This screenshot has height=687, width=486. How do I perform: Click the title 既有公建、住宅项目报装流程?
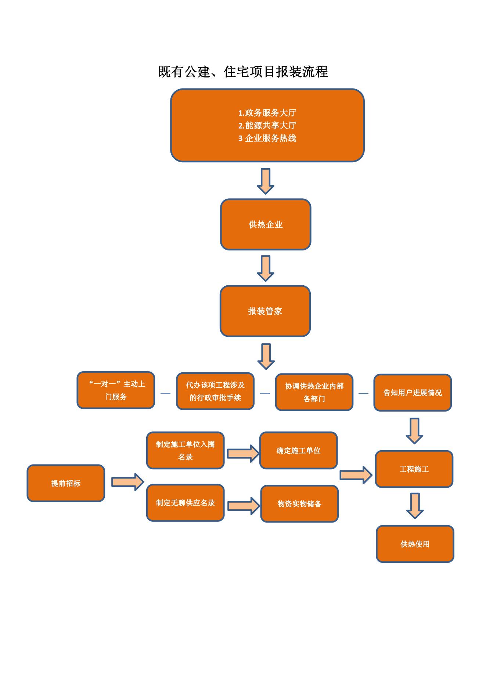tap(243, 72)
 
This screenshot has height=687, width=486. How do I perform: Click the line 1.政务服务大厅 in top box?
tap(267, 113)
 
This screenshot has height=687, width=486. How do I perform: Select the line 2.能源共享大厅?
tap(267, 126)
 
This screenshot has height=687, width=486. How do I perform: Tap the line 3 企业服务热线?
tap(267, 138)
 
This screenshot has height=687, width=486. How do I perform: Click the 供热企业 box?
tap(266, 224)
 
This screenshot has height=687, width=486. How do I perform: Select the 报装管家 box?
tap(265, 311)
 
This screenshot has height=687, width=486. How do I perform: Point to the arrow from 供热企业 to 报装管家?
tap(266, 268)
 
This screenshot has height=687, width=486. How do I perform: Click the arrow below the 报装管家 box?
tap(266, 356)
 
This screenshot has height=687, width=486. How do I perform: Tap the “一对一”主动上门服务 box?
tap(116, 390)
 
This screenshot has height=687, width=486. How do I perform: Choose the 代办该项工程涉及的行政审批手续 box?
tap(215, 391)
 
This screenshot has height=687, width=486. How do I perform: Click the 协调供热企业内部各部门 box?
tap(314, 392)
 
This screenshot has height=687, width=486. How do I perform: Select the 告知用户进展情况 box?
tap(413, 393)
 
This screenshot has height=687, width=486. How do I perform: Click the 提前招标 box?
tap(66, 483)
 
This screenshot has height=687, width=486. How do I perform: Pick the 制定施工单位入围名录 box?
tap(185, 450)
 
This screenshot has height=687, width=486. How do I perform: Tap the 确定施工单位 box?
tap(298, 451)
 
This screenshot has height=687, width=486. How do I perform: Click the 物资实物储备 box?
tap(299, 504)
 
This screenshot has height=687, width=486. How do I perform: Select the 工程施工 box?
tap(414, 469)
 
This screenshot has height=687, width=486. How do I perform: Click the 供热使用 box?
tap(415, 544)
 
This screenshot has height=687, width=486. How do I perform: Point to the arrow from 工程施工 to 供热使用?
tap(415, 506)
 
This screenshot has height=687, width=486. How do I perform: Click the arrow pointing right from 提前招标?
tap(127, 482)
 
